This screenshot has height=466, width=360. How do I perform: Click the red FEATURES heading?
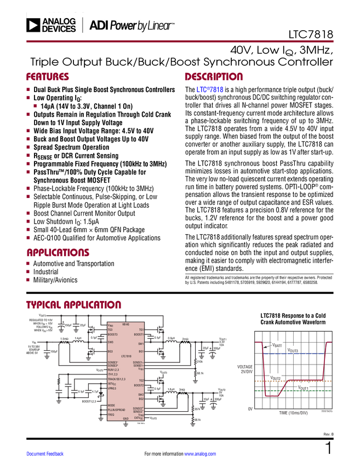pyautogui.click(x=48, y=77)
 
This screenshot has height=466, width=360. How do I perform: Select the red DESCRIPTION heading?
pyautogui.click(x=214, y=77)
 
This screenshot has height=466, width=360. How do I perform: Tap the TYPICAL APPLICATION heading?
pyautogui.click(x=73, y=304)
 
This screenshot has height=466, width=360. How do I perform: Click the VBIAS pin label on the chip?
pyautogui.click(x=125, y=324)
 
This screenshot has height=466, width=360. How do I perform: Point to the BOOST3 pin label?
pyautogui.click(x=113, y=334)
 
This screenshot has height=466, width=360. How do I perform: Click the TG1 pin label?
pyautogui.click(x=141, y=329)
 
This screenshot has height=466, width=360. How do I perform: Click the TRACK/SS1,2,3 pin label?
pyautogui.click(x=117, y=379)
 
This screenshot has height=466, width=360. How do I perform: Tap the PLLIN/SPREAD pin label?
pyautogui.click(x=116, y=410)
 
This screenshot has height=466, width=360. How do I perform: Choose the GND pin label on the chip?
pyautogui.click(x=125, y=419)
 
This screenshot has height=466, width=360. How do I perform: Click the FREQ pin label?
pyautogui.click(x=111, y=414)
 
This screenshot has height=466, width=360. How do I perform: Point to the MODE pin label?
pyautogui.click(x=111, y=405)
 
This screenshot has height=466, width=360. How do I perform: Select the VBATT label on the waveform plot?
pyautogui.click(x=277, y=346)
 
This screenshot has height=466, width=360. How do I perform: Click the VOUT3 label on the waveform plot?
pyautogui.click(x=293, y=350)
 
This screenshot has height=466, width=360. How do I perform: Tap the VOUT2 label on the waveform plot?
pyautogui.click(x=275, y=378)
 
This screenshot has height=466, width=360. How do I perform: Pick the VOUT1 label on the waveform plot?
pyautogui.click(x=304, y=388)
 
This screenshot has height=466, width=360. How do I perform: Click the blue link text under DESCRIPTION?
pyautogui.click(x=210, y=91)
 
